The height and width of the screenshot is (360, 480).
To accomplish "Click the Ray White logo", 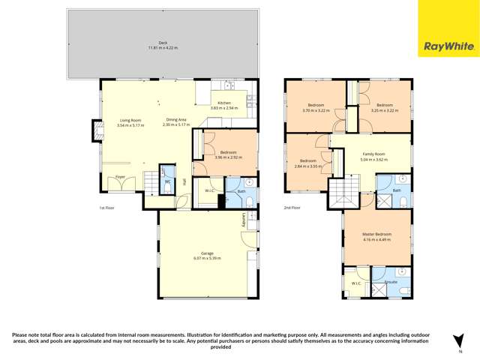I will tap(448, 46).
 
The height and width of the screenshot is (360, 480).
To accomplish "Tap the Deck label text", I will tap(163, 43).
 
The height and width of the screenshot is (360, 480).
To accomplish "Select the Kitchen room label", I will tap(224, 103).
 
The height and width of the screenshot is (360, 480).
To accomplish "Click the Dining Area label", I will tap(176, 120).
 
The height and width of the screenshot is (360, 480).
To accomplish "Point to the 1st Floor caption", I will tap(106, 208).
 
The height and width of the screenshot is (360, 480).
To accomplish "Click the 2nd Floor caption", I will tap(292, 208).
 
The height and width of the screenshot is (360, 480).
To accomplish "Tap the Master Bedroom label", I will tap(376, 235).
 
